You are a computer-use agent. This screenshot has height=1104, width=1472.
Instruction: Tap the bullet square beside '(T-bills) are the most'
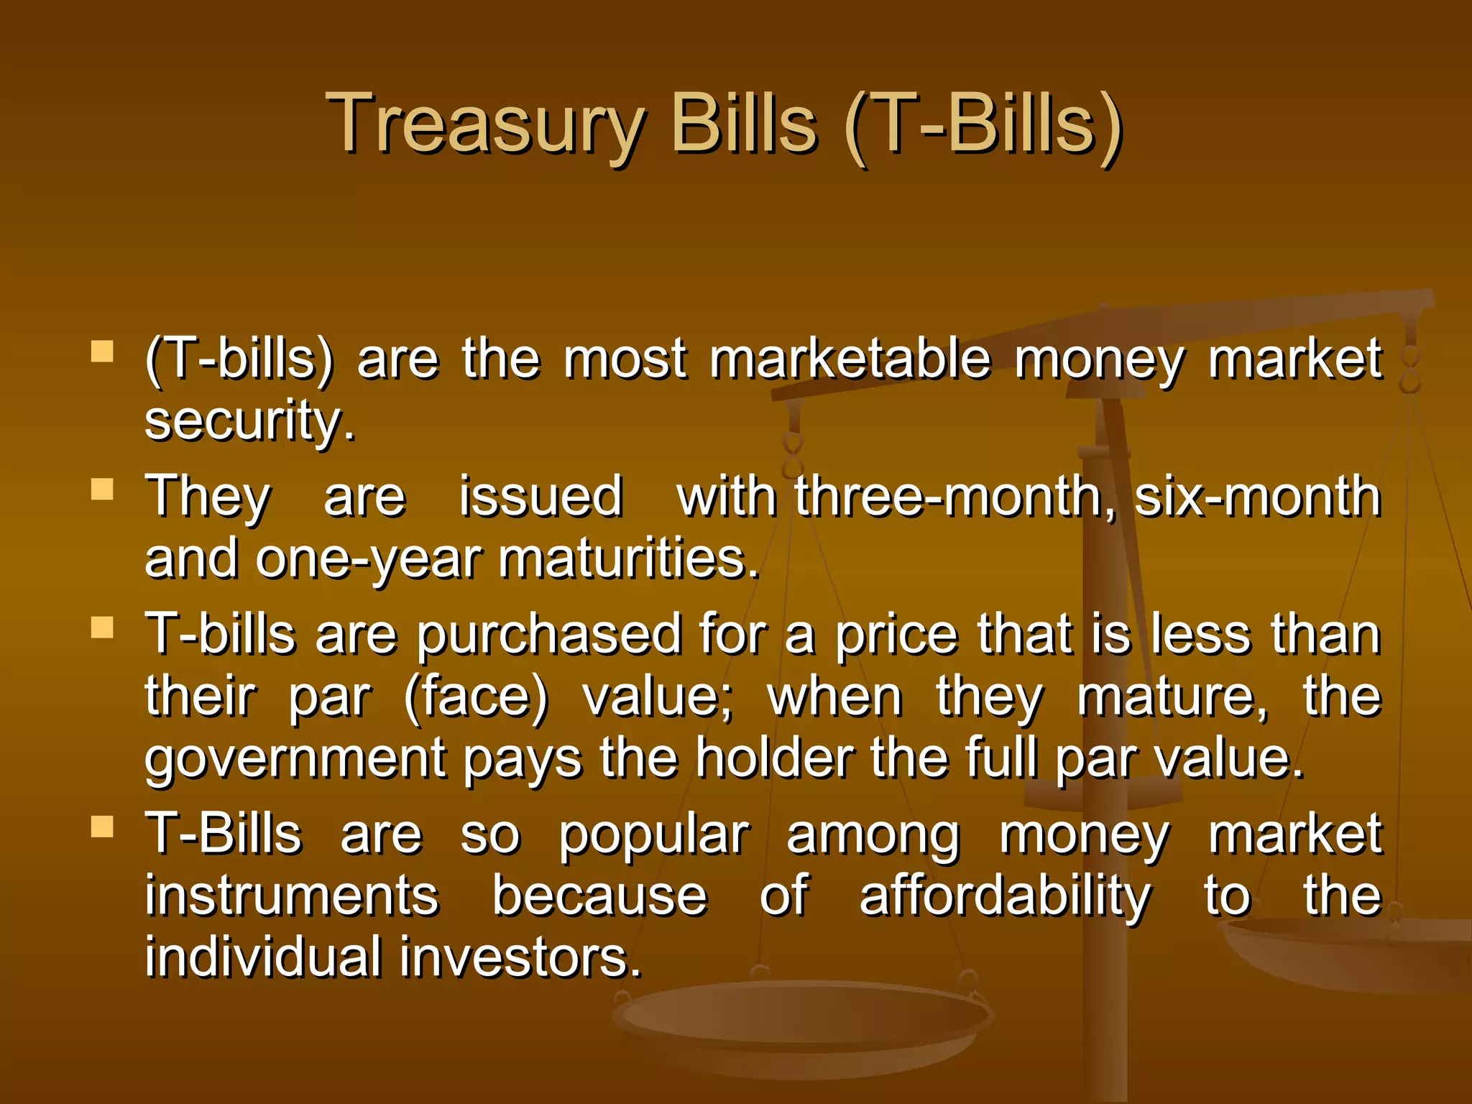click(103, 351)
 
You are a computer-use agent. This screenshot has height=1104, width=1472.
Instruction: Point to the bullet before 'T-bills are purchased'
click(103, 627)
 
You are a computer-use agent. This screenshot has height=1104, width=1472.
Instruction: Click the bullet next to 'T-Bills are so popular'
click(103, 827)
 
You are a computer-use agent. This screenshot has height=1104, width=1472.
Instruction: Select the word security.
click(249, 422)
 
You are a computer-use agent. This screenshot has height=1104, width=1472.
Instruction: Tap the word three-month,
click(956, 497)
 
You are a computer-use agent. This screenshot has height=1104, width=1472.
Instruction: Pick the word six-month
click(1258, 497)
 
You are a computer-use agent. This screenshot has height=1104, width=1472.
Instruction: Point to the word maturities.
click(629, 560)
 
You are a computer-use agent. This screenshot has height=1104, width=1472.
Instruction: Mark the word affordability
click(1005, 897)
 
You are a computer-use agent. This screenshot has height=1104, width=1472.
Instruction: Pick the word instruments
click(291, 897)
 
